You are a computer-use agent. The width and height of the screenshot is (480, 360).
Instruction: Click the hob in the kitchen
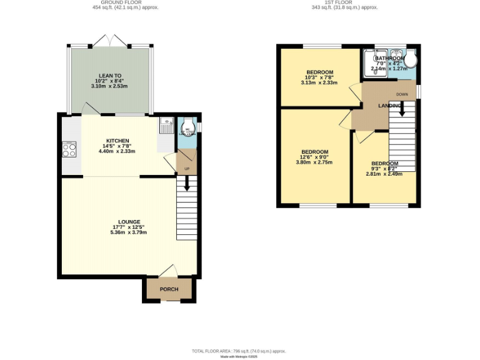click(69, 151)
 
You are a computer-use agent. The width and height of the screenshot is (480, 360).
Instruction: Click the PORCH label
click(169, 289)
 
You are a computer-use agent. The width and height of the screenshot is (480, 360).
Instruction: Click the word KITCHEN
click(117, 141)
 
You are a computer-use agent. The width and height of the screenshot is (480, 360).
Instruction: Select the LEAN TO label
click(109, 75)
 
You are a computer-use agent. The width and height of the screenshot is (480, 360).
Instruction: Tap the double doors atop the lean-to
click(111, 41)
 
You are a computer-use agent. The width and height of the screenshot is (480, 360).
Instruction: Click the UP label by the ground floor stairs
click(186, 169)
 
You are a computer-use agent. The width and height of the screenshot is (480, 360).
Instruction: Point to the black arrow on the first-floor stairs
click(402, 109)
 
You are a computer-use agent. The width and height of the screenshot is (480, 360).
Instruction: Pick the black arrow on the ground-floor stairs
click(186, 183)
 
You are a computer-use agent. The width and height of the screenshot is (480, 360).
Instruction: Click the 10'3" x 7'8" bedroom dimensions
click(319, 77)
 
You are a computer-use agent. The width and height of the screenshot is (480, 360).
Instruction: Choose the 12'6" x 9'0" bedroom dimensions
click(315, 157)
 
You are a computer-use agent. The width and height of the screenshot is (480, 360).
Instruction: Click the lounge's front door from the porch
click(169, 271)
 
